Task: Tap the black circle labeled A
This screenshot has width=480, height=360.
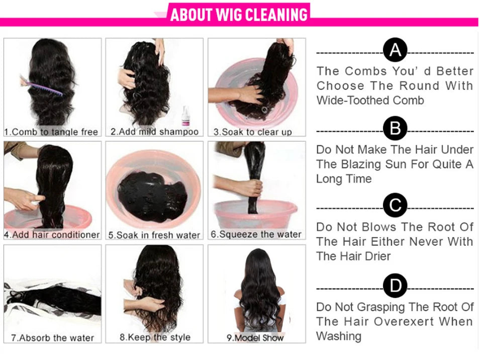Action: click(395, 50)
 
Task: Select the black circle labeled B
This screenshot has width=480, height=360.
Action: click(395, 129)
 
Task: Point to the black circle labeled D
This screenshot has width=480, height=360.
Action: click(395, 286)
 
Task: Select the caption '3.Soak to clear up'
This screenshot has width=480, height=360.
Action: click(252, 132)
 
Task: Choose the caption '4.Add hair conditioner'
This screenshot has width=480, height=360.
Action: click(52, 235)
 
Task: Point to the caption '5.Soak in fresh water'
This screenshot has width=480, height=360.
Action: click(154, 235)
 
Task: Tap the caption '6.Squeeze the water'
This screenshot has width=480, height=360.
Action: click(256, 234)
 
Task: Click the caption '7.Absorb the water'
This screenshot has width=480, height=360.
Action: click(52, 338)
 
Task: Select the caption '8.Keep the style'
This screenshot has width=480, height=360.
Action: click(155, 337)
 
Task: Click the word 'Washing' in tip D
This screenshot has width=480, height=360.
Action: click(338, 335)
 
